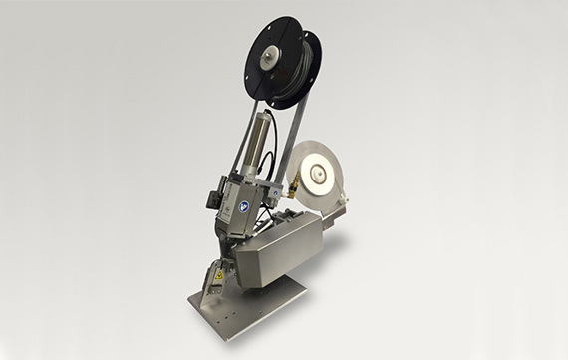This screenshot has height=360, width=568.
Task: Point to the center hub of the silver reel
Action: pyautogui.click(x=317, y=178)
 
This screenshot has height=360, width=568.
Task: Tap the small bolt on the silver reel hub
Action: pyautogui.click(x=317, y=178)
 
